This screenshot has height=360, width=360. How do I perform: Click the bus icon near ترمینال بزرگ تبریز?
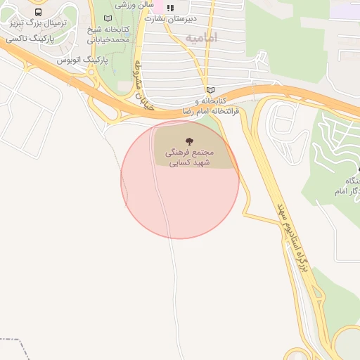pos(38,12)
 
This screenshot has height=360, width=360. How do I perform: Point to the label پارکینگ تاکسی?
pos(31,39)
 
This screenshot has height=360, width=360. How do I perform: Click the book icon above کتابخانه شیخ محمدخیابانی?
pos(107,18)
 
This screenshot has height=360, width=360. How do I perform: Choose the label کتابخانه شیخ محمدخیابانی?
pos(108,34)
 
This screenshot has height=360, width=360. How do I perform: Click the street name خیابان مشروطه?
pos(139,78)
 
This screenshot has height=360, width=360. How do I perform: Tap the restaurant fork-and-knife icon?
pos(169,8)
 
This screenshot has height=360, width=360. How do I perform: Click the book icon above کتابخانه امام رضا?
pos(210,90)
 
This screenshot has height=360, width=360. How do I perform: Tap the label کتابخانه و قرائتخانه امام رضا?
pos(211,106)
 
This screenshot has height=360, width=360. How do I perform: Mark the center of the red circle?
pos(180,179)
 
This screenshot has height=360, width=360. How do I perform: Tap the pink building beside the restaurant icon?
pos(160,7)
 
